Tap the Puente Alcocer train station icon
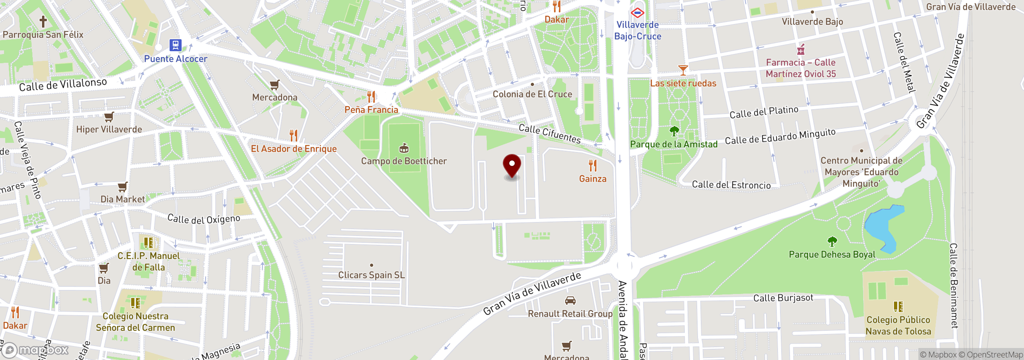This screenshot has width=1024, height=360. pos(175,45)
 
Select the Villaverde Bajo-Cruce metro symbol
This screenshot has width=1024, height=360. pos(637,13)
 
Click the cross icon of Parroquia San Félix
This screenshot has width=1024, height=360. pos(43,21)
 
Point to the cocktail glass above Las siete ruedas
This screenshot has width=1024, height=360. pos(683,70)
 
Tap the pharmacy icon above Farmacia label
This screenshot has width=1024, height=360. pos(800,50)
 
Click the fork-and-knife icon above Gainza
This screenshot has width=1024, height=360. pos(593,165)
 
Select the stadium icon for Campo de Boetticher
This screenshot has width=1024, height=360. pos(404,148)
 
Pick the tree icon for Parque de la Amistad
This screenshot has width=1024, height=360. pos(674,131)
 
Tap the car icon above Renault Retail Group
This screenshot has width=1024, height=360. pos(570,301)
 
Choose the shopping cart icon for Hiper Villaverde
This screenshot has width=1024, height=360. pos(109,117)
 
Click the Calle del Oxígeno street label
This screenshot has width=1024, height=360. pos(204,219)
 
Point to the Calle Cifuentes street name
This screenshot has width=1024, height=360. pos(550,134)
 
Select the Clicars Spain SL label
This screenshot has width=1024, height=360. pos(372,275)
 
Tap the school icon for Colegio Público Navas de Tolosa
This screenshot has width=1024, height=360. pos(898,307)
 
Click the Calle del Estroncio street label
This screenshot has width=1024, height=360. pos(731,185)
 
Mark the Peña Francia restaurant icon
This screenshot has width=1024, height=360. pos(371,97)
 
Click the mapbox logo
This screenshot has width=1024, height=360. pos(35,350)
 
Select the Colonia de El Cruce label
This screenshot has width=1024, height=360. pos(532,94)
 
